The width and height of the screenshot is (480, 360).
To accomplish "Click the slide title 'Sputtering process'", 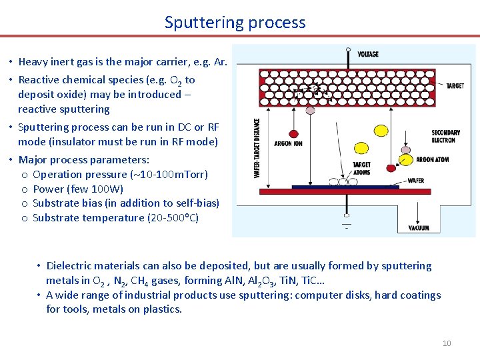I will (235, 22).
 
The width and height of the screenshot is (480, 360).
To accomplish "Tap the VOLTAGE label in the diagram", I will (367, 54).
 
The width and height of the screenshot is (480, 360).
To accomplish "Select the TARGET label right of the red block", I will (455, 86).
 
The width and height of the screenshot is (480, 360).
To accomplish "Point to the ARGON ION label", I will (288, 144).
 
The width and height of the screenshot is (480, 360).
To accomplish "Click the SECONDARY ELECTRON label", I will (443, 137).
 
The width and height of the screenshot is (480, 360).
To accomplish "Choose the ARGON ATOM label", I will (433, 160).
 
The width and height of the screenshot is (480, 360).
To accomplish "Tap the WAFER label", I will (415, 181).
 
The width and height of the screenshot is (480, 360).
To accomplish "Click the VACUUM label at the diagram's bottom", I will (419, 228).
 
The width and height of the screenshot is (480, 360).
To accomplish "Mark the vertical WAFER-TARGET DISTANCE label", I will (258, 148).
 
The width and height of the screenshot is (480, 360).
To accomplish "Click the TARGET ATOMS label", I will (361, 168).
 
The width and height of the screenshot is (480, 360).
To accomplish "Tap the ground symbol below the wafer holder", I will (346, 225).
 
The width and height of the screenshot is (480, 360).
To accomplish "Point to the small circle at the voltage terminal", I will (348, 49).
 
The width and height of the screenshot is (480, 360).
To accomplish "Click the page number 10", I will (447, 343).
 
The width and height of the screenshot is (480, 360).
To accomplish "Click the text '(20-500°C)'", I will (173, 217).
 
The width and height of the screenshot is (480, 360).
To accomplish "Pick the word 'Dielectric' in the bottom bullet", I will (70, 265).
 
